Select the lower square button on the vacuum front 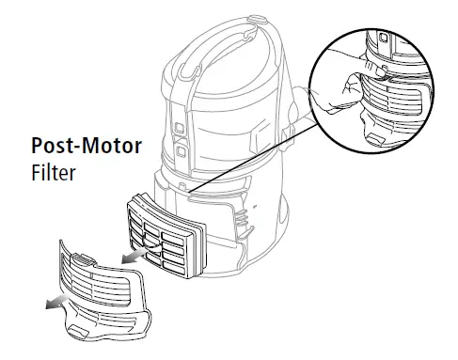tap(179, 149)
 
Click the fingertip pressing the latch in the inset tap(368, 70)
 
